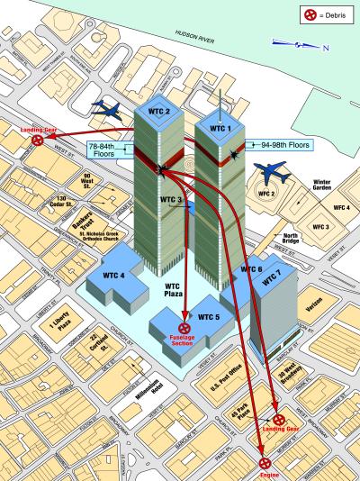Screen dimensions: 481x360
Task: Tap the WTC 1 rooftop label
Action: pyautogui.click(x=220, y=128)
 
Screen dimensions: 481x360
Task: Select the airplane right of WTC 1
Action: pyautogui.click(x=271, y=170)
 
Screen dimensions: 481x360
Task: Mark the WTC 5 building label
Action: pyautogui.click(x=209, y=316)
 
